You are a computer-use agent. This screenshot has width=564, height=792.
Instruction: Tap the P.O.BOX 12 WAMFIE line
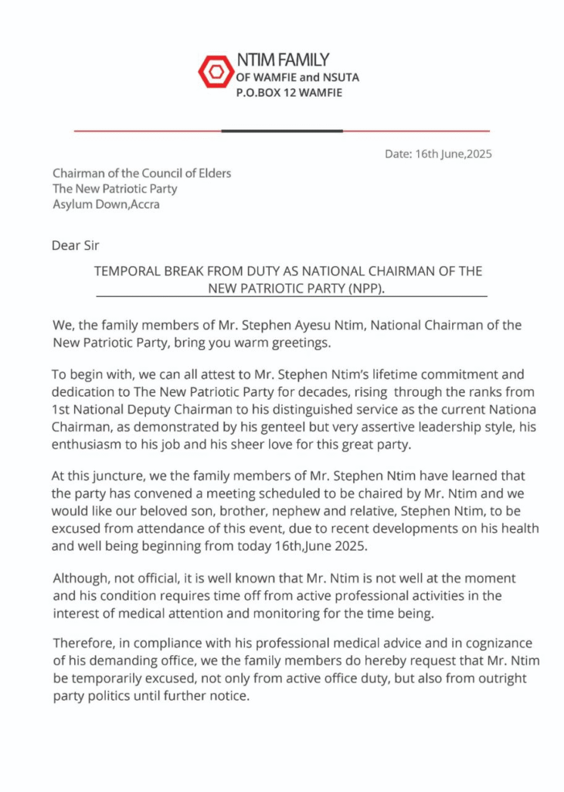289,93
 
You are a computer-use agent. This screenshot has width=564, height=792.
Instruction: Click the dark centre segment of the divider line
281,131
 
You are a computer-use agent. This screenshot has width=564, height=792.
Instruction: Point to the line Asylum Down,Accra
106,205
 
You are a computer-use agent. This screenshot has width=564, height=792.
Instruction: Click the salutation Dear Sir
75,246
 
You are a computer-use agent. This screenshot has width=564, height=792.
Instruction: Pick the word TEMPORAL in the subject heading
127,271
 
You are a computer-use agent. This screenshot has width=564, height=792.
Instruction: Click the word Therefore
84,643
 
